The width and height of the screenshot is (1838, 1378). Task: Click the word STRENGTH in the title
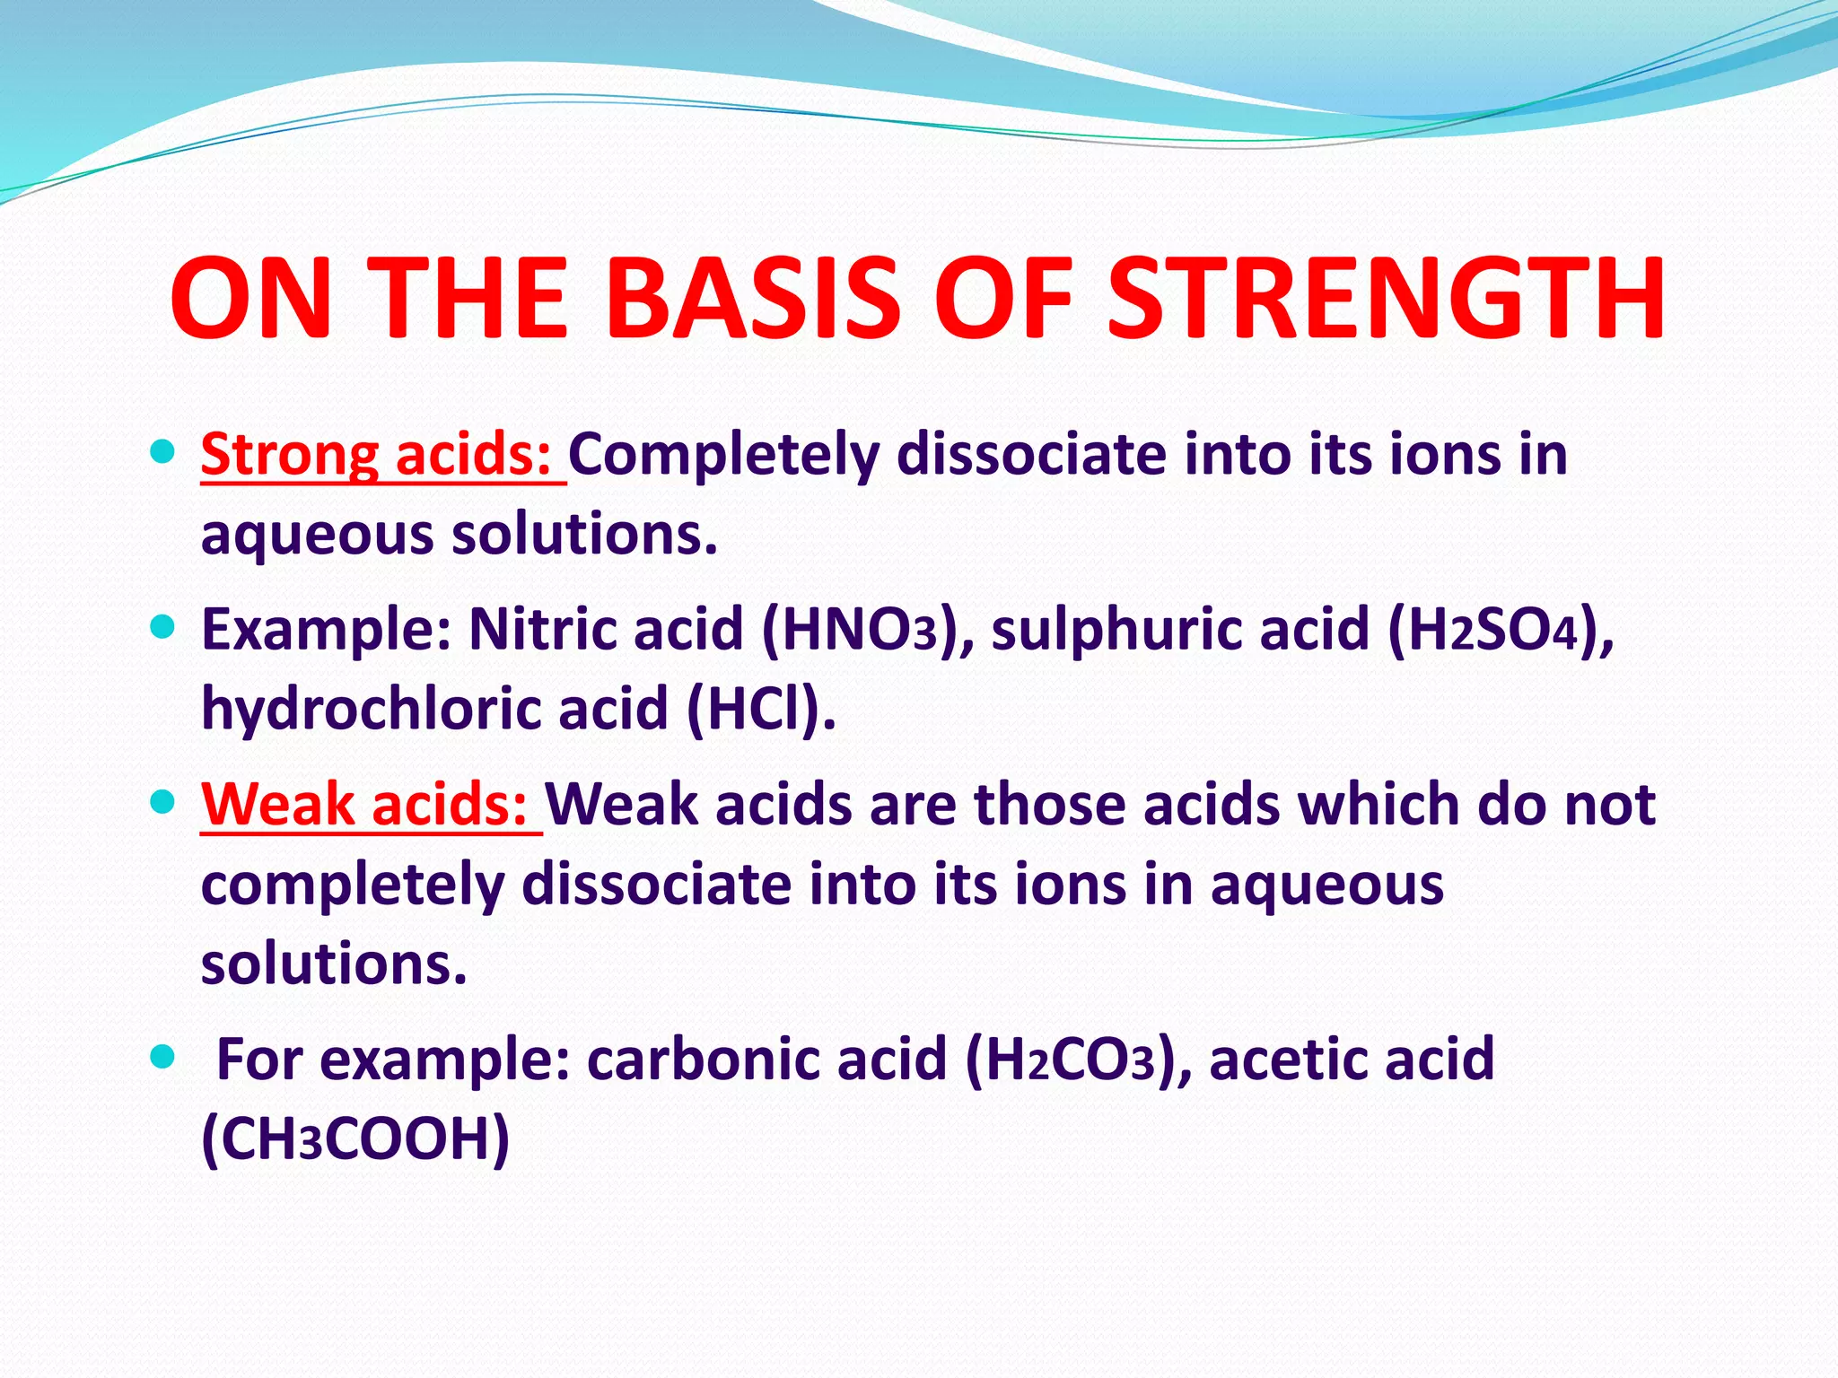[x=1386, y=299]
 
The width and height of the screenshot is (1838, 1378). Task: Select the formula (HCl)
[x=761, y=709]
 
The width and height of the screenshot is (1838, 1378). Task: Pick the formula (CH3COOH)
[x=355, y=1139]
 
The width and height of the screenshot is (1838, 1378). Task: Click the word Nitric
[x=542, y=630]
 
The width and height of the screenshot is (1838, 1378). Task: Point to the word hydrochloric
[x=371, y=709]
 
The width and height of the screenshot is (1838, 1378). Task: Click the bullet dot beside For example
[x=162, y=1055]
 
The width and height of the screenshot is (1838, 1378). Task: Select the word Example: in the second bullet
[x=326, y=630]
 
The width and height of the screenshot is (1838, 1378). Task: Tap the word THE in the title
[x=467, y=299]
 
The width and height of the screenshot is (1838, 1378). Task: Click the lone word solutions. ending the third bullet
[x=334, y=964]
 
